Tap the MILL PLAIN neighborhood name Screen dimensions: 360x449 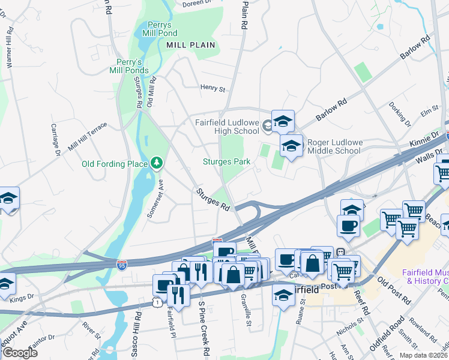coord(190,45)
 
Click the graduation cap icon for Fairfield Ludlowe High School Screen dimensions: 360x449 coord(283,122)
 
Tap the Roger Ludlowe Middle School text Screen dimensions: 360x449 coord(334,147)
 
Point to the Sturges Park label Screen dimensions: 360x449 coord(226,162)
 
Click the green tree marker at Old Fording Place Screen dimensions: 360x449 coord(157,163)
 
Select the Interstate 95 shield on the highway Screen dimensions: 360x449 coord(121,263)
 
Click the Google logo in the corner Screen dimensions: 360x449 coord(19,353)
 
